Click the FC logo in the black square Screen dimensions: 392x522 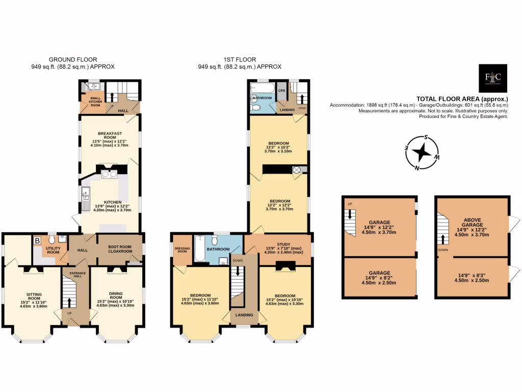pyautogui.click(x=493, y=78)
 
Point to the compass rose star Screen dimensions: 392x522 pyautogui.click(x=422, y=152)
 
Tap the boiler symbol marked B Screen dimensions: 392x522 pyautogui.click(x=37, y=241)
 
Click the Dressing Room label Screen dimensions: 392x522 pyautogui.click(x=180, y=250)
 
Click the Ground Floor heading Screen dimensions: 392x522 pyautogui.click(x=72, y=60)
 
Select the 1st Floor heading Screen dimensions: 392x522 pyautogui.click(x=239, y=60)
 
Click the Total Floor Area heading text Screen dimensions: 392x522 pyautogui.click(x=462, y=99)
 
